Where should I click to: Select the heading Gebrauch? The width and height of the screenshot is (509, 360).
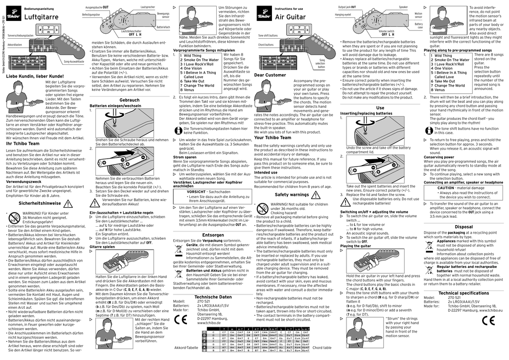click(129, 100)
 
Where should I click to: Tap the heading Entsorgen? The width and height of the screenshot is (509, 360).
click(213, 235)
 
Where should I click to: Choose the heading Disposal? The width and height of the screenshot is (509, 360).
click(463, 226)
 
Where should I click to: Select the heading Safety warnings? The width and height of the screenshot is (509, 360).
click(292, 195)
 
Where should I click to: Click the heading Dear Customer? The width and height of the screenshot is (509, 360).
click(270, 75)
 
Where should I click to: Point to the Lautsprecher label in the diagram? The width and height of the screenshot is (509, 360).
click(148, 7)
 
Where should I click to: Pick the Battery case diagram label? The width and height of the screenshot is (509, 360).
click(419, 25)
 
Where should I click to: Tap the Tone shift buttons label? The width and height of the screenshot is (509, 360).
click(268, 36)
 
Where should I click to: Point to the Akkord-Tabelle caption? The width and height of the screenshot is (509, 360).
click(186, 348)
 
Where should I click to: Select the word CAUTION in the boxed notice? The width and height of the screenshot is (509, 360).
click(446, 188)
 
